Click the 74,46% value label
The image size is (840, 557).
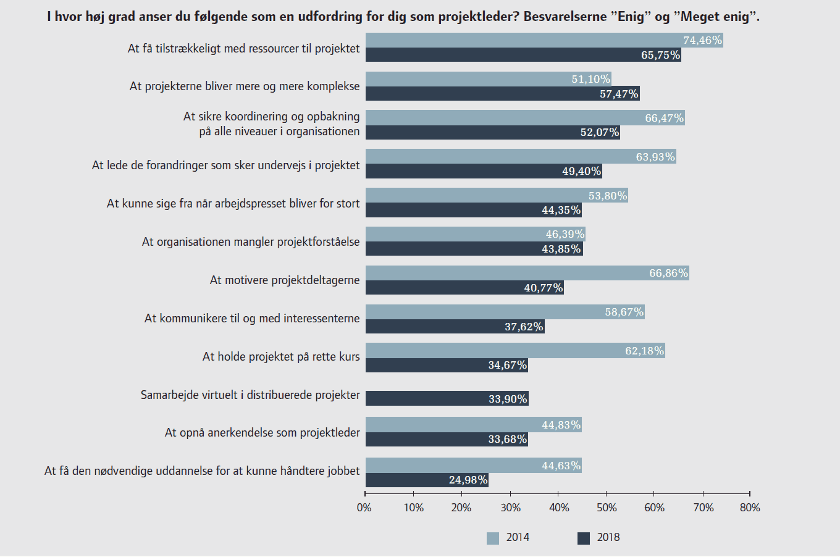[702, 40]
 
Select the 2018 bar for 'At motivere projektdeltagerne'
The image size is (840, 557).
[464, 288]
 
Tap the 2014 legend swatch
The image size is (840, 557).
[493, 538]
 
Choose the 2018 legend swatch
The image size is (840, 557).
[584, 538]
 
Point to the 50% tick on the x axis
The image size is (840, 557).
[607, 493]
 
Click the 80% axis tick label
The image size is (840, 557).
[750, 508]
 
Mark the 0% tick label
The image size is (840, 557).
[364, 508]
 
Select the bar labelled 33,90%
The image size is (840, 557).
[447, 398]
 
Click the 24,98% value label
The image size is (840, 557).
[468, 480]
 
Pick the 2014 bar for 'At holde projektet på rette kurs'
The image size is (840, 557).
[515, 351]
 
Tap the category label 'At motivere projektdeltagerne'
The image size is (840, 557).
[285, 280]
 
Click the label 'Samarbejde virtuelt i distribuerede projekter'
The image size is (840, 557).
[250, 395]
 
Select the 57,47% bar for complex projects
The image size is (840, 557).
[502, 94]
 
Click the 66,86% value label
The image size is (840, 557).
[668, 273]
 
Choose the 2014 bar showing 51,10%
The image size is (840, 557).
[488, 79]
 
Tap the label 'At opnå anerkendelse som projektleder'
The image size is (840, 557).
[262, 433]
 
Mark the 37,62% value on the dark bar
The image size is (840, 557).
[524, 327]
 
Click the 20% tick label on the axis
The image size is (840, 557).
[461, 508]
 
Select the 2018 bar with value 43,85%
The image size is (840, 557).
[474, 249]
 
